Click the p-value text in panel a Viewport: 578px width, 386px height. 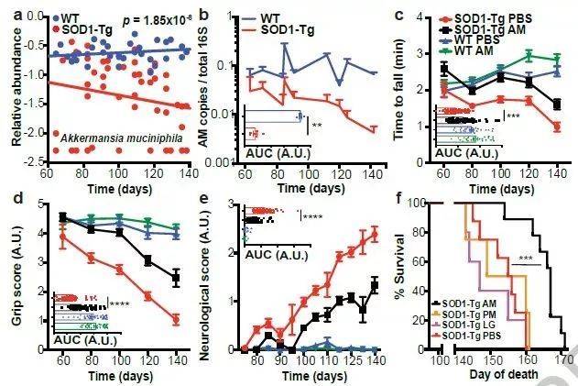(137, 18)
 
